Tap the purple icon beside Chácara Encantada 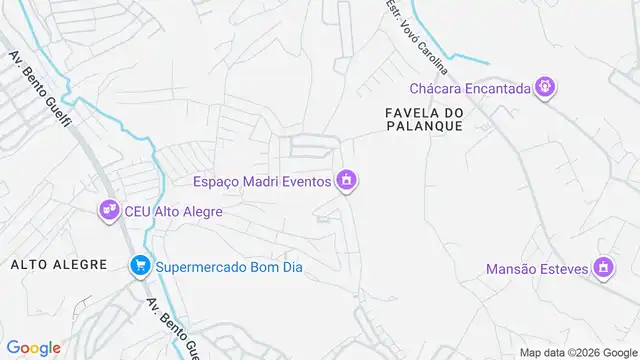(x=544, y=88)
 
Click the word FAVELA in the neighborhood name (x=411, y=112)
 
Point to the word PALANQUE (x=425, y=127)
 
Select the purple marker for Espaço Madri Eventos (x=347, y=181)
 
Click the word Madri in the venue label (x=260, y=181)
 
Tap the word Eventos (x=306, y=181)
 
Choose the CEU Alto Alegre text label (x=173, y=211)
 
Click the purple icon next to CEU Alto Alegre (x=108, y=211)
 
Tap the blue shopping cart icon (x=139, y=266)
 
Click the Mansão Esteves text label (x=535, y=268)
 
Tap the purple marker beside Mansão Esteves (x=602, y=268)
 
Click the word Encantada (x=496, y=88)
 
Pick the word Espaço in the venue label (x=217, y=181)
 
